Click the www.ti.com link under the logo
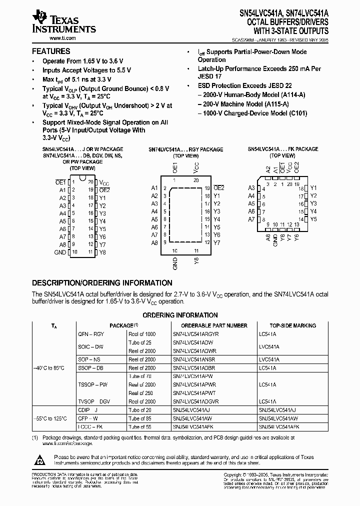point(48,38)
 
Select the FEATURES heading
point(51,51)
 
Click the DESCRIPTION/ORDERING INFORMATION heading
point(102,282)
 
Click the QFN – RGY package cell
point(91,333)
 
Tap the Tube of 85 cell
point(140,418)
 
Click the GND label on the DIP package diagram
point(60,252)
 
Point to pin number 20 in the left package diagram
point(90,182)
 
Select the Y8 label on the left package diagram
point(102,252)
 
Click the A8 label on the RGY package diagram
point(154,242)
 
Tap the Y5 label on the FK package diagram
point(313,219)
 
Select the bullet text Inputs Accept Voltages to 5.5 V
point(79,70)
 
